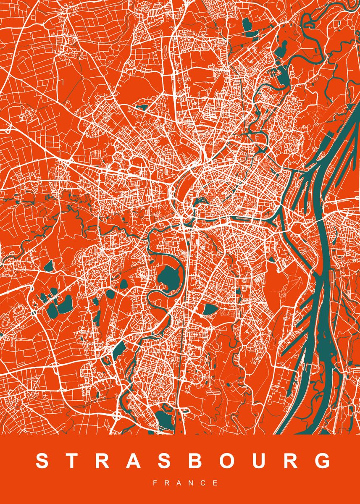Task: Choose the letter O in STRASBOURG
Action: pos(229,461)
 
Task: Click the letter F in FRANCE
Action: pos(155,483)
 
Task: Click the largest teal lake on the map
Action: pos(168,279)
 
